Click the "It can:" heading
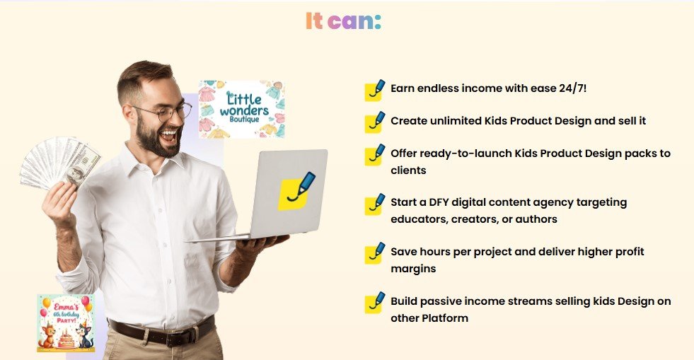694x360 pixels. pyautogui.click(x=343, y=21)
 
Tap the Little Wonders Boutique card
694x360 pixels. pyautogui.click(x=241, y=108)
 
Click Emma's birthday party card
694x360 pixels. pyautogui.click(x=65, y=323)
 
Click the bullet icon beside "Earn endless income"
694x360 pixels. pyautogui.click(x=374, y=91)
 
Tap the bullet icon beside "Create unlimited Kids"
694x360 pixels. pyautogui.click(x=374, y=122)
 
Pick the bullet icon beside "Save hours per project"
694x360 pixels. pyautogui.click(x=374, y=252)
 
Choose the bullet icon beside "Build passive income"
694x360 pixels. pyautogui.click(x=374, y=302)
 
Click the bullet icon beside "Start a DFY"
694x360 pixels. pyautogui.click(x=374, y=204)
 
